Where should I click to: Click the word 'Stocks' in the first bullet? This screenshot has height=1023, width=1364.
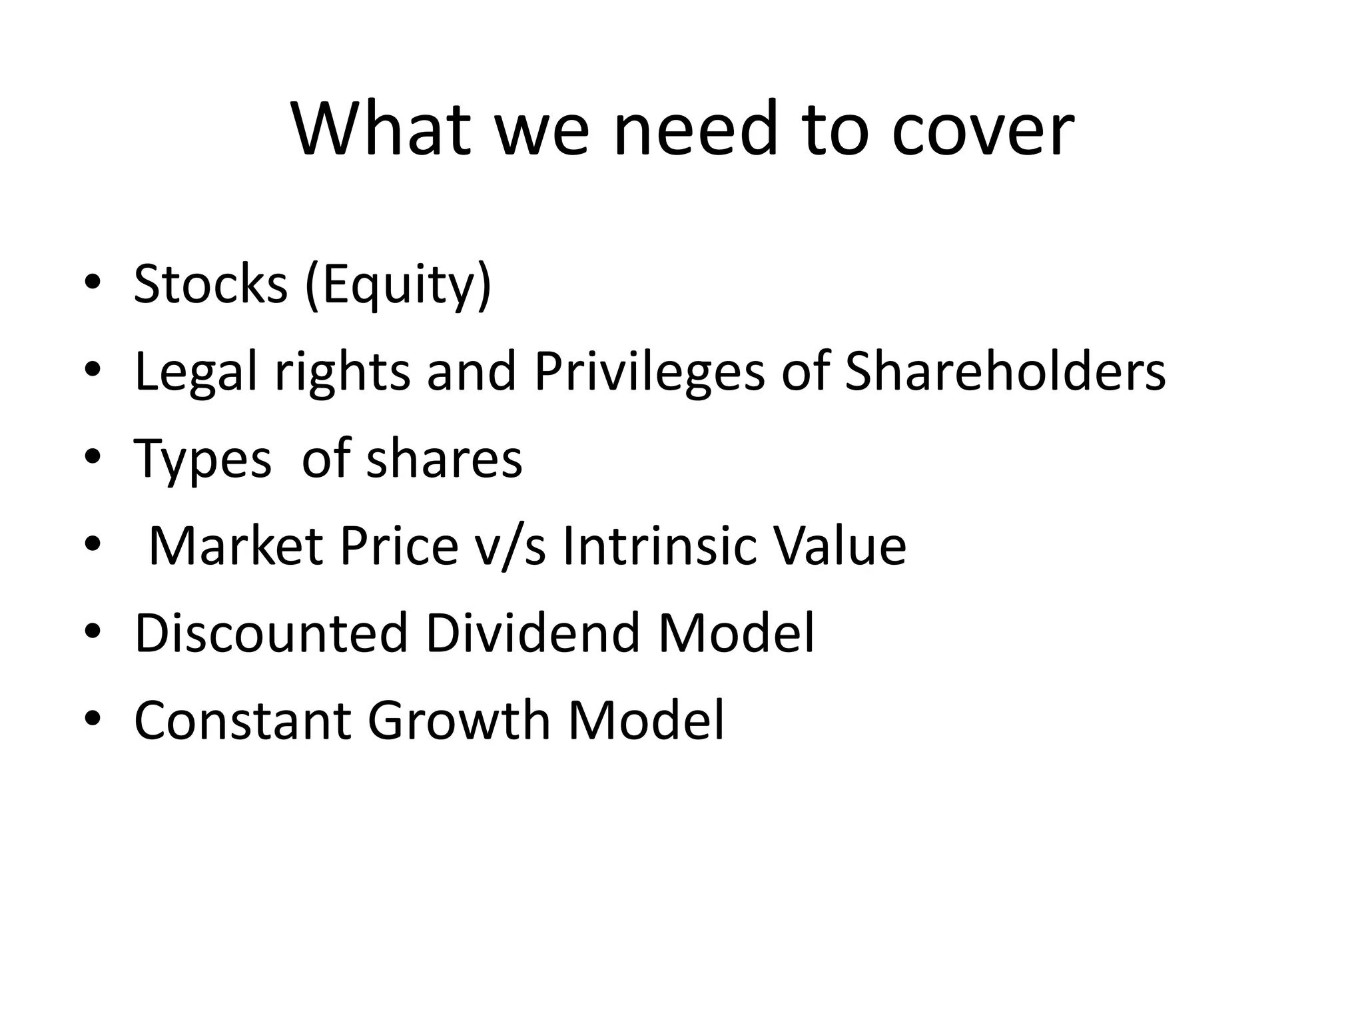(x=210, y=284)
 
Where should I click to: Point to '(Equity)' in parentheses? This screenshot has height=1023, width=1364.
(x=398, y=286)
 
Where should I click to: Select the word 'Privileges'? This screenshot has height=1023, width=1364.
(x=649, y=372)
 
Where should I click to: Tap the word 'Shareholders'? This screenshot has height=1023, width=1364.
(x=1005, y=371)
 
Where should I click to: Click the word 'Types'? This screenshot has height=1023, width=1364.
(x=202, y=460)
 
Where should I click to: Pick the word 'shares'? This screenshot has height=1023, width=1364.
(x=444, y=459)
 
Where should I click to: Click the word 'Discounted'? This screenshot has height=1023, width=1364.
(x=271, y=633)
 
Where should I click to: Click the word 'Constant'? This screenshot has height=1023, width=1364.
(x=242, y=720)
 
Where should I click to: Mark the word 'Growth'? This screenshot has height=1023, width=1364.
(x=459, y=720)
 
